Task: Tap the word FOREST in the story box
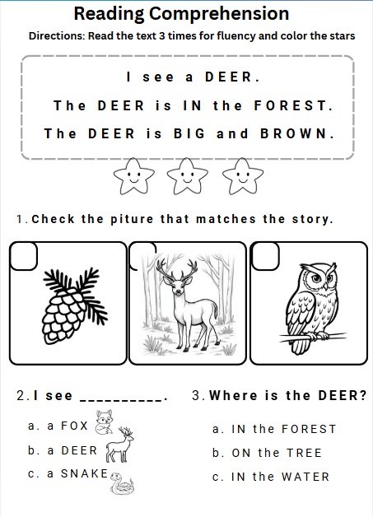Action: click(x=293, y=106)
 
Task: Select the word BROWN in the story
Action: click(x=296, y=134)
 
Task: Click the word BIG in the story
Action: click(x=189, y=134)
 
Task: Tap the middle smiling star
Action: click(x=188, y=175)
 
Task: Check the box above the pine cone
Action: click(x=23, y=256)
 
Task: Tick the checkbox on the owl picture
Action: click(x=265, y=256)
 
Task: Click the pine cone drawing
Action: click(x=73, y=306)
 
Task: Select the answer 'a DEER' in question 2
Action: click(x=63, y=450)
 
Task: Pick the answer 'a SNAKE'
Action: click(x=68, y=474)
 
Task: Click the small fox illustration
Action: click(x=105, y=422)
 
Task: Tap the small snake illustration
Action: click(x=122, y=483)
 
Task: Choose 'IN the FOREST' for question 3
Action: click(x=274, y=429)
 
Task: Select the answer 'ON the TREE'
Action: click(x=267, y=453)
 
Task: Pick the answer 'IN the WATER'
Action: click(x=271, y=477)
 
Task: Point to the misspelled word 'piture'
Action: click(x=132, y=219)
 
